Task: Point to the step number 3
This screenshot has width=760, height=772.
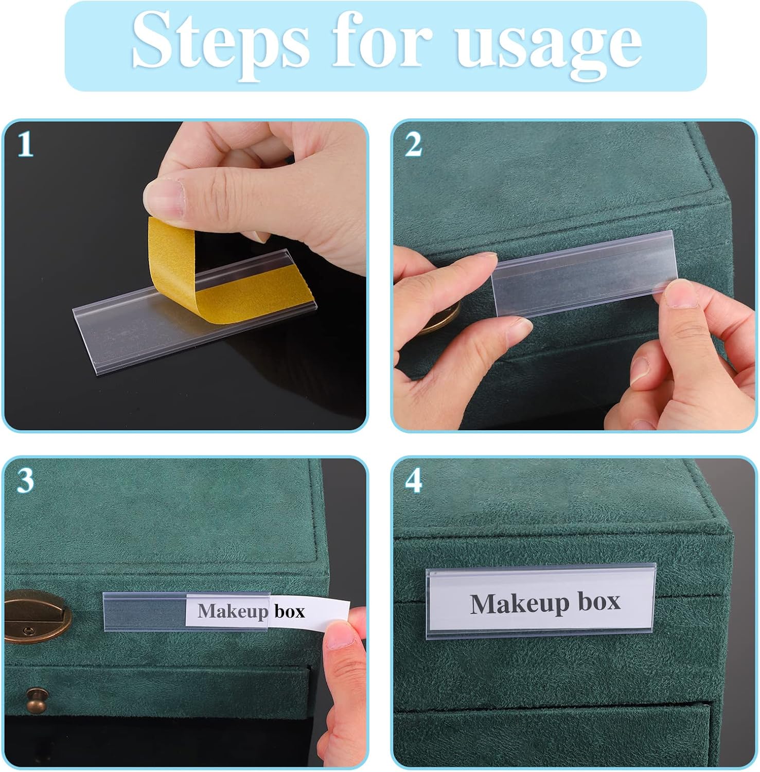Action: pyautogui.click(x=25, y=480)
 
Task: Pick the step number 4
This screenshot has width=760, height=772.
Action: pyautogui.click(x=414, y=481)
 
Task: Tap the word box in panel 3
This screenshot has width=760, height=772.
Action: pyautogui.click(x=289, y=611)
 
